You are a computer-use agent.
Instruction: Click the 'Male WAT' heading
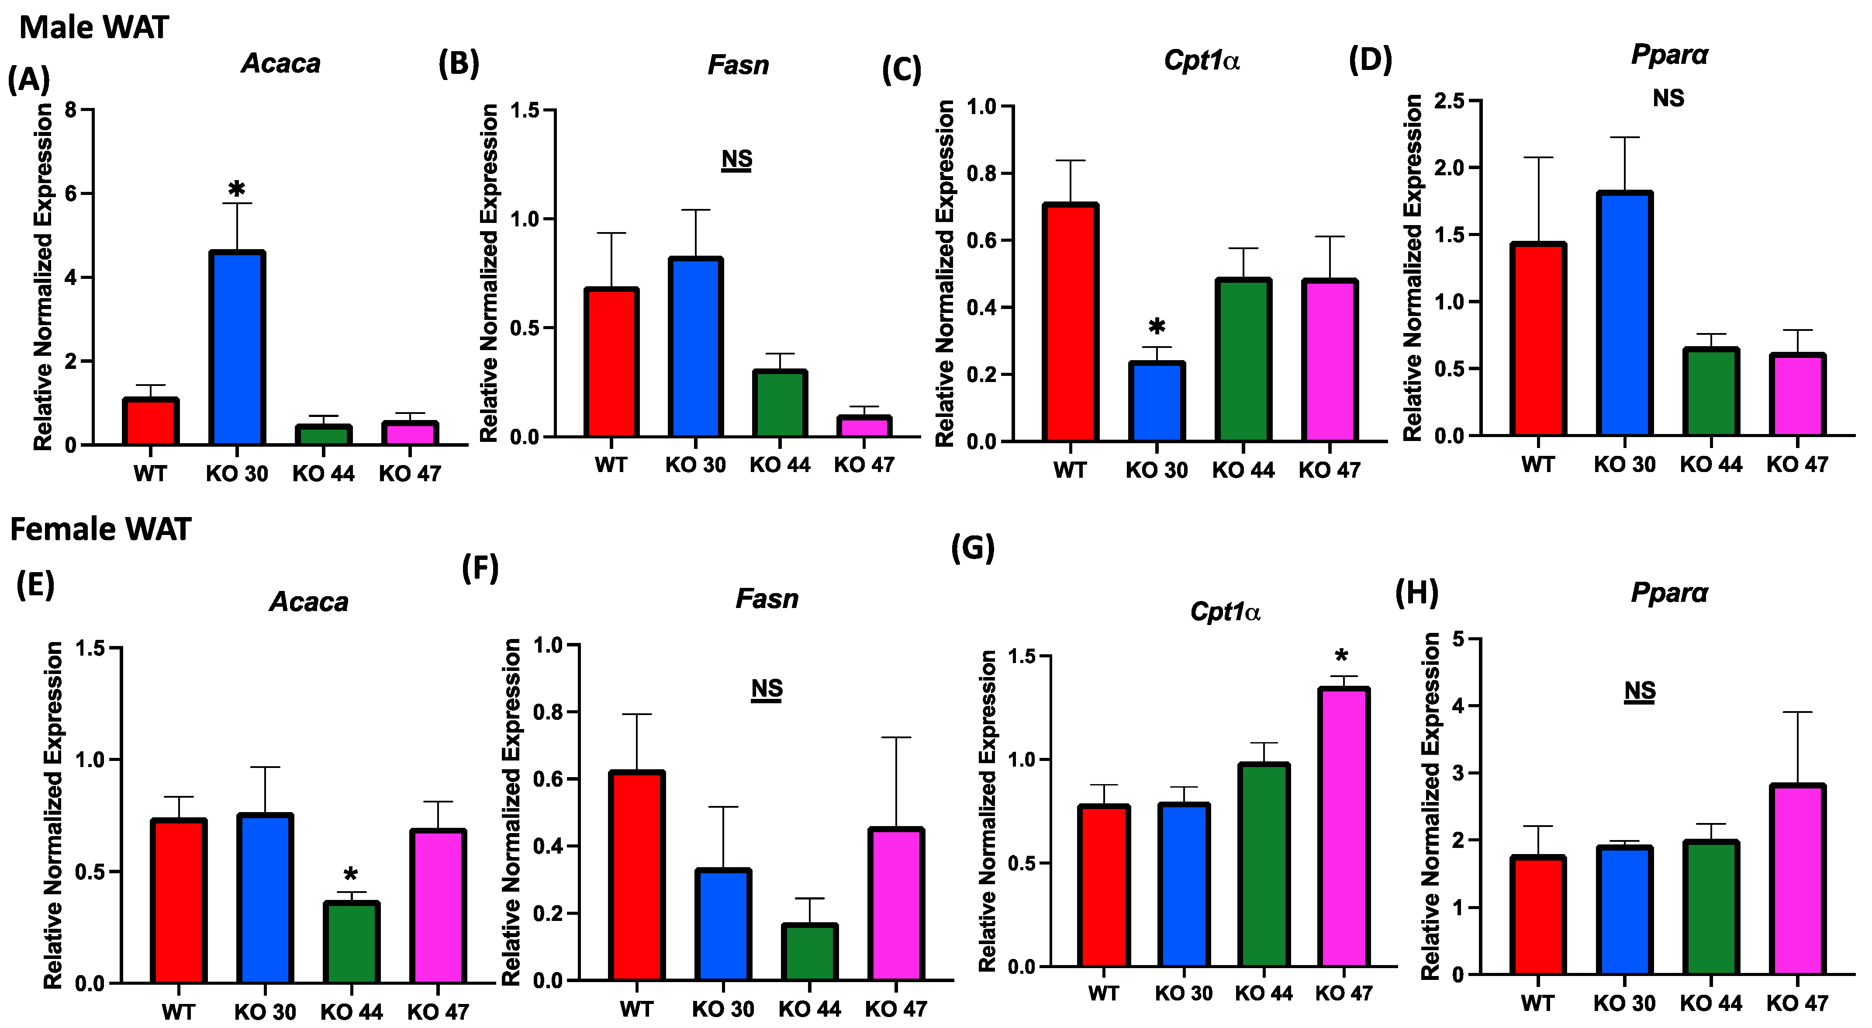point(94,28)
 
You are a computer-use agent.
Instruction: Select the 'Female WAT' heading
point(100,529)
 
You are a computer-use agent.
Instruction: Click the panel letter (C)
point(901,70)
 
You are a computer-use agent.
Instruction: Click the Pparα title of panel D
point(1669,55)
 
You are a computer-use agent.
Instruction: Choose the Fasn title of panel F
point(767,599)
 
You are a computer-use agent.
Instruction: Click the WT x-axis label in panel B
point(611,465)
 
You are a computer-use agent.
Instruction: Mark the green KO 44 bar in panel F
point(809,952)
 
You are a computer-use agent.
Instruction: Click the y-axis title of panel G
point(987,811)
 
